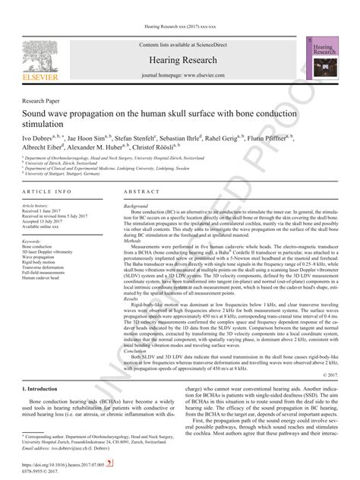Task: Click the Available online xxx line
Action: tap(42, 226)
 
